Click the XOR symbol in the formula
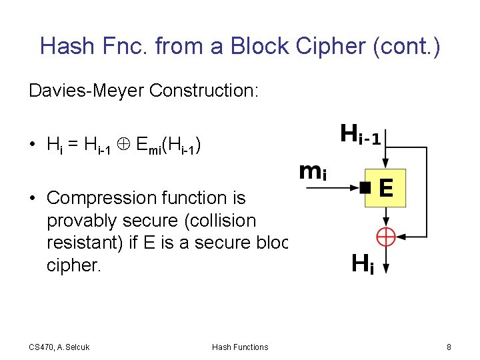(124, 144)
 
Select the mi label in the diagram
(313, 172)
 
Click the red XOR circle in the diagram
(386, 237)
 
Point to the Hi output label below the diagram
(362, 265)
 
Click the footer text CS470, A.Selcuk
(59, 347)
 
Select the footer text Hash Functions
(240, 347)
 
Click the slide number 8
(449, 347)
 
